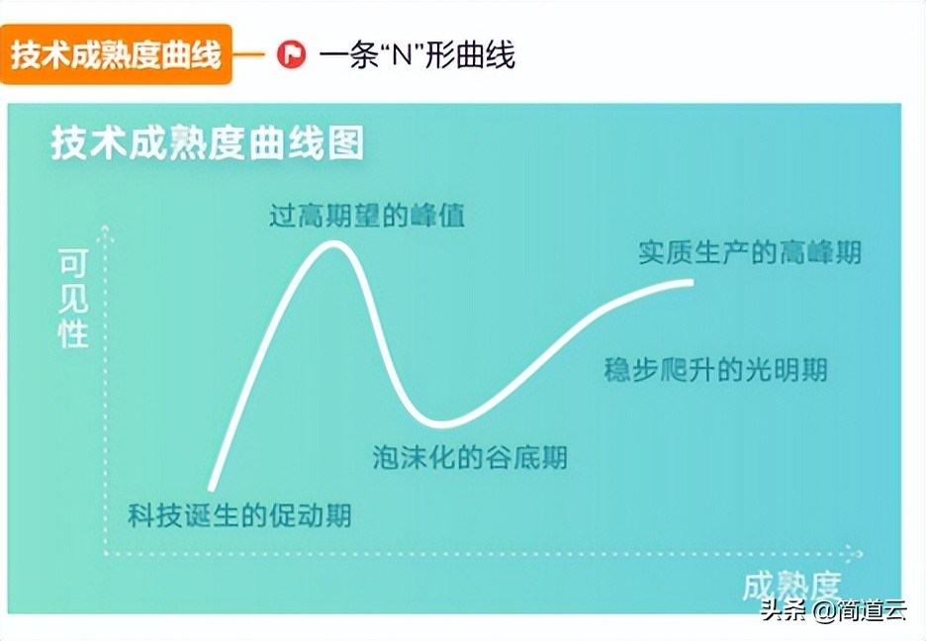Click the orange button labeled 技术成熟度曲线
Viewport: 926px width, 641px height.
(116, 54)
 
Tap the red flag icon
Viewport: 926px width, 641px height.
(291, 54)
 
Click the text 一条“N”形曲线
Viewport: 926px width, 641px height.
(417, 54)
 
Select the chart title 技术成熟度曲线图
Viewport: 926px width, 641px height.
(208, 144)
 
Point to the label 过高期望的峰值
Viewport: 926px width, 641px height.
(367, 216)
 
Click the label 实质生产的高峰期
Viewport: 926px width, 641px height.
(749, 252)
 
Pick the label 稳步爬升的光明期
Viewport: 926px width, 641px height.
(715, 371)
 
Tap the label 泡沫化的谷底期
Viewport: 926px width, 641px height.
(470, 457)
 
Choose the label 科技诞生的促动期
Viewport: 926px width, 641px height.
(239, 515)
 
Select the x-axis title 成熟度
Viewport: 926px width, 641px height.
(791, 586)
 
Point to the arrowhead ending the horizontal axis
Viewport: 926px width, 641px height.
(856, 553)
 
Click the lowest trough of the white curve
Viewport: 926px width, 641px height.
(435, 424)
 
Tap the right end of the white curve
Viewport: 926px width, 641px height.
(692, 283)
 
